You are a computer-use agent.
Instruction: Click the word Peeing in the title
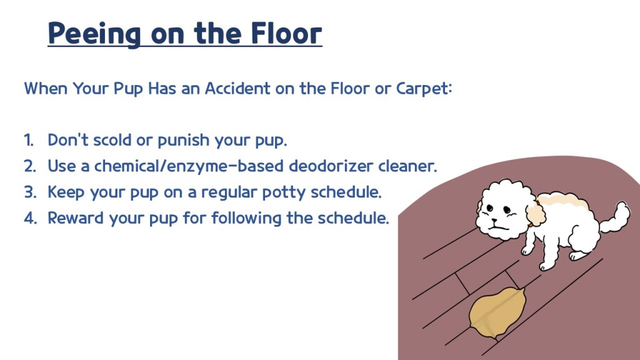94,33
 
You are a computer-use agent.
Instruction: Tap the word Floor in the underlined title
286,32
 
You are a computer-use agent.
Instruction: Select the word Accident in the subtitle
237,88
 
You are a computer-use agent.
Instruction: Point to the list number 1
29,140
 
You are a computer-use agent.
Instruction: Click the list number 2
30,166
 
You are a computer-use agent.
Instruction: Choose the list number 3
30,192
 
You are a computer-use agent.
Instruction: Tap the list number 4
30,218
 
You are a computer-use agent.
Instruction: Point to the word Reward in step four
76,218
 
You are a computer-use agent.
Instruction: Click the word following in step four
246,218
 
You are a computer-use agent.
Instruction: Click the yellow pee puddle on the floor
497,313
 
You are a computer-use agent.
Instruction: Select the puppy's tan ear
536,214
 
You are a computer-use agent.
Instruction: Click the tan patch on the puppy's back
562,202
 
